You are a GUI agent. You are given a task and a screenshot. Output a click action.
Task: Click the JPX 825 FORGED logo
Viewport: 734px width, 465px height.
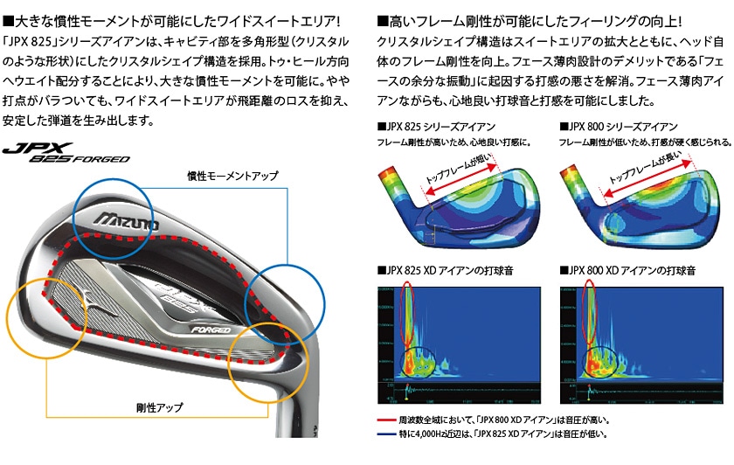(x=66, y=154)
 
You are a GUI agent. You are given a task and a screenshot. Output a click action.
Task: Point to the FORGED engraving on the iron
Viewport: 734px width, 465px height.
(x=211, y=330)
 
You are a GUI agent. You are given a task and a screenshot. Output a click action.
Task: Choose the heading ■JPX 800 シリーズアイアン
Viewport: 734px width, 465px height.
(x=618, y=127)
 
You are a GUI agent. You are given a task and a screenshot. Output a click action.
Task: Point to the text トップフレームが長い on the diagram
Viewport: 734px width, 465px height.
(x=643, y=171)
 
